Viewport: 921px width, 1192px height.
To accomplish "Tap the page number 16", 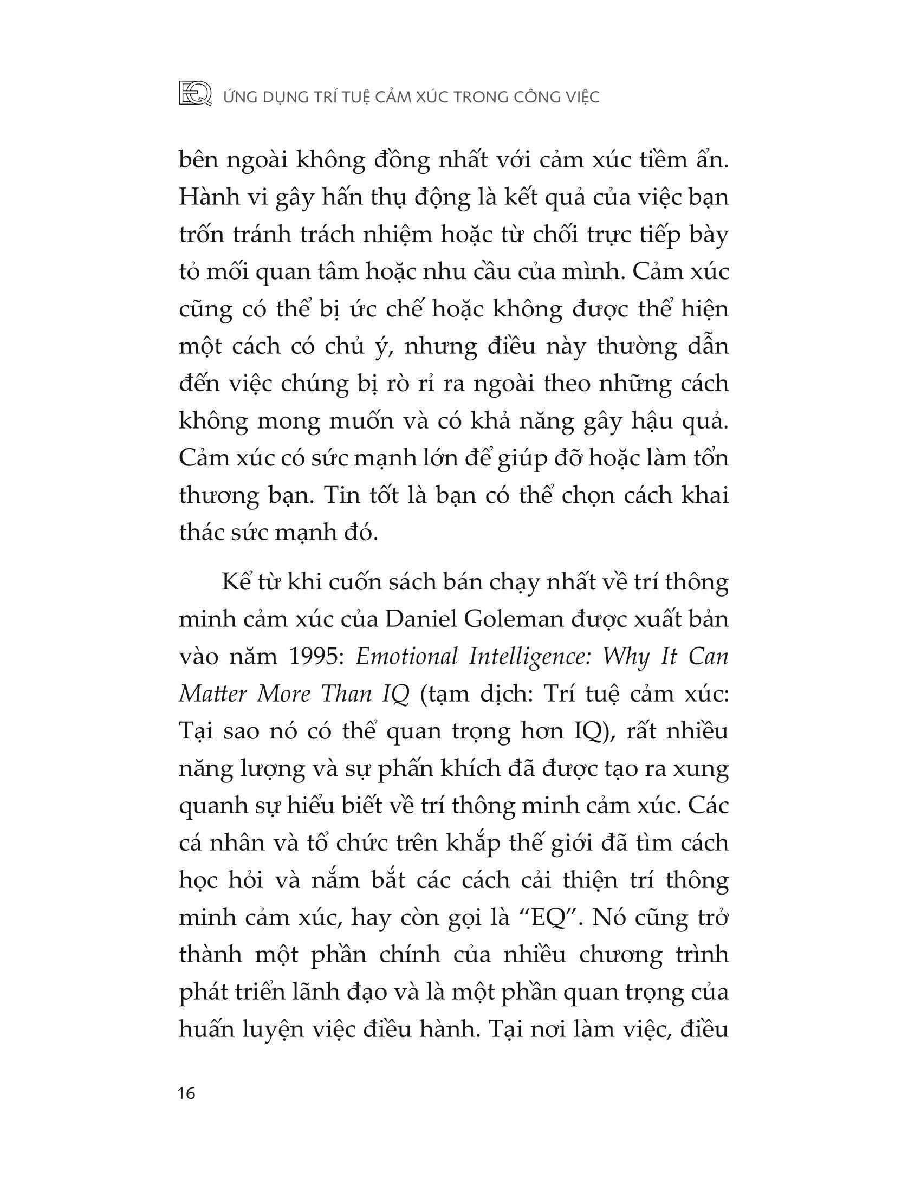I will [186, 1094].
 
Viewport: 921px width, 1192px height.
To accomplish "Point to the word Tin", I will [341, 496].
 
